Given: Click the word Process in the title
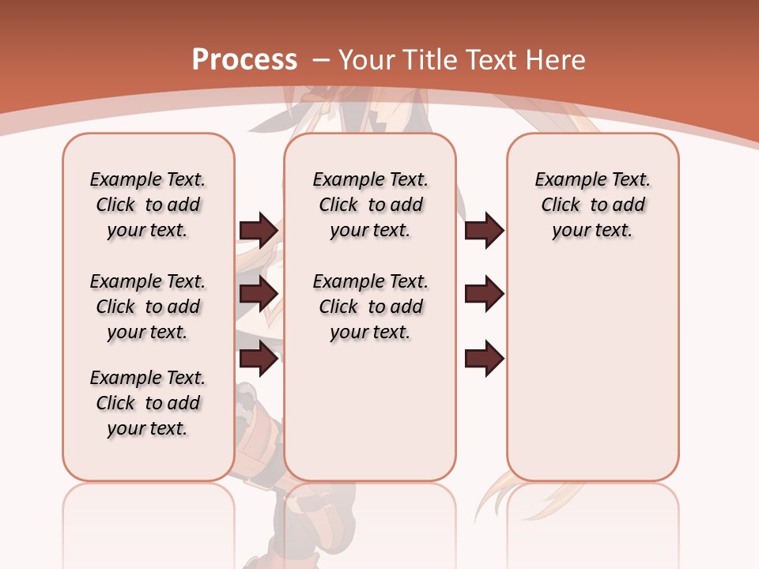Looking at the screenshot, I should pyautogui.click(x=244, y=59).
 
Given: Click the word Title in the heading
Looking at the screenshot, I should pyautogui.click(x=430, y=59).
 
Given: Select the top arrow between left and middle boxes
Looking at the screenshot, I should pyautogui.click(x=259, y=230).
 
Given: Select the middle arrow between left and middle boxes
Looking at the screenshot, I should pyautogui.click(x=259, y=294).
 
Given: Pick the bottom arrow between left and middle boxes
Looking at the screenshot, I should pyautogui.click(x=259, y=359).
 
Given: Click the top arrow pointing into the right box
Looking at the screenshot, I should pyautogui.click(x=484, y=230).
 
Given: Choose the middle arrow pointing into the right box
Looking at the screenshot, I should pyautogui.click(x=484, y=294).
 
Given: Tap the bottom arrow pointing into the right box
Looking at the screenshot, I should pyautogui.click(x=484, y=359).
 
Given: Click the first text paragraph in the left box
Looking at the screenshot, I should pyautogui.click(x=148, y=205).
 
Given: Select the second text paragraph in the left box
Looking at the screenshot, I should pyautogui.click(x=148, y=307).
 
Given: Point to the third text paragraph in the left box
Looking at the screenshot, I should pyautogui.click(x=148, y=403).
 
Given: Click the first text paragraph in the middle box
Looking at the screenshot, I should pyautogui.click(x=371, y=205).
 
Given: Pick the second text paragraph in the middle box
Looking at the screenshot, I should pyautogui.click(x=371, y=307).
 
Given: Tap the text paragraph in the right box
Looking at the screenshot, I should pyautogui.click(x=593, y=205).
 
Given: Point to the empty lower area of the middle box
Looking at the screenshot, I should pyautogui.click(x=371, y=411).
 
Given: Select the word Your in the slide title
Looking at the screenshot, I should pyautogui.click(x=368, y=59).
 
